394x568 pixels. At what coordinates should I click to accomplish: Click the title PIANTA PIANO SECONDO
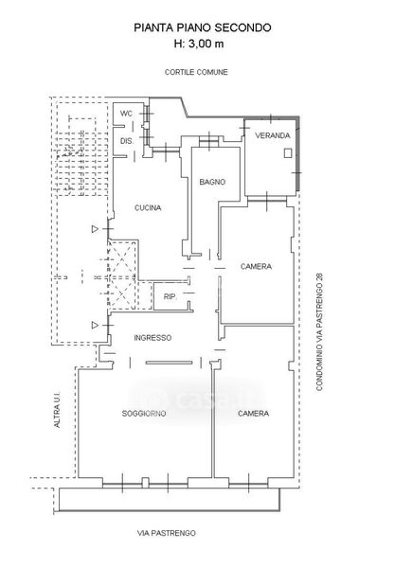[203, 27]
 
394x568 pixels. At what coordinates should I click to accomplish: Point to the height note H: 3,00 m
[199, 44]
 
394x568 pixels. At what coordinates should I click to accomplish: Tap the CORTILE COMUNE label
[196, 72]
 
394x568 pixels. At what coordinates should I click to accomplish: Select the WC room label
[126, 114]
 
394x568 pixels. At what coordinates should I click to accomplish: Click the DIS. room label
[127, 140]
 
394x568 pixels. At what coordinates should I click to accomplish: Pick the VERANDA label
[273, 135]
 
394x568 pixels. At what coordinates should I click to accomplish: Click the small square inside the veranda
[288, 153]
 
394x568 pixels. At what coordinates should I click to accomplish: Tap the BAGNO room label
[212, 182]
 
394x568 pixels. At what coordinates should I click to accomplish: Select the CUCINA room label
[148, 208]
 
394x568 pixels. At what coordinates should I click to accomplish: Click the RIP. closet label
[170, 296]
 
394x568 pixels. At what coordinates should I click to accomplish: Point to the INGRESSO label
[152, 338]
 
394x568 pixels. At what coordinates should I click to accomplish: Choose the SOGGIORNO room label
[144, 414]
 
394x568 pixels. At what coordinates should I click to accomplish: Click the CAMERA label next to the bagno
[256, 267]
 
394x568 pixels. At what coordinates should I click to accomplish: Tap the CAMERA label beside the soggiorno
[254, 414]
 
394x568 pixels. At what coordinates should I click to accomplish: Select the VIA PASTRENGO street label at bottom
[167, 533]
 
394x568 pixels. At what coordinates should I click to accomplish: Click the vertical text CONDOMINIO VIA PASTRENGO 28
[319, 332]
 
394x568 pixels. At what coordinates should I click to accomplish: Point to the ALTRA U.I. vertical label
[57, 410]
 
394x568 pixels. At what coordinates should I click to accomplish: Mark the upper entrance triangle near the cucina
[95, 229]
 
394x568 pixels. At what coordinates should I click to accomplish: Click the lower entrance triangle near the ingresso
[95, 326]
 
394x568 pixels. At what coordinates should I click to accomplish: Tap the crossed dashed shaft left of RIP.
[123, 275]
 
